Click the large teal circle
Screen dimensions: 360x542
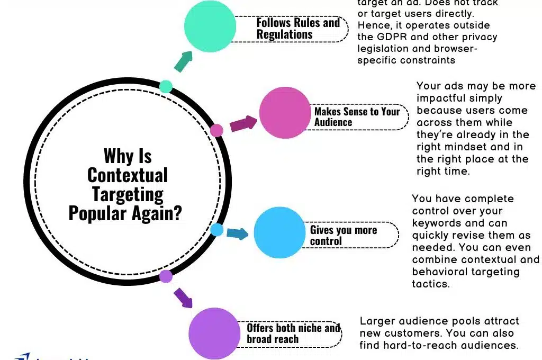pos(210,26)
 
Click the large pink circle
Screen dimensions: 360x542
pos(284,112)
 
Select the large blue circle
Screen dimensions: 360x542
pos(279,233)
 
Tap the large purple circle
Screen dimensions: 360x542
pos(214,333)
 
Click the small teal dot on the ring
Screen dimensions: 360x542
pos(166,86)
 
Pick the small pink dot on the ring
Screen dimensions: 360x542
pos(216,130)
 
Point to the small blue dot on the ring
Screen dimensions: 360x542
pos(216,229)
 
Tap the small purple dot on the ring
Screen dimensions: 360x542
pos(166,276)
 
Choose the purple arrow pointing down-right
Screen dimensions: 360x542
pos(183,298)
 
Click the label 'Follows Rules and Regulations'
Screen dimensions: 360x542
pos(298,29)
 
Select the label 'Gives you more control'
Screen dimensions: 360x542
pos(343,236)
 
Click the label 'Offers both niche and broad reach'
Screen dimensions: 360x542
pos(293,334)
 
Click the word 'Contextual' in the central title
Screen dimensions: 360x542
pos(128,175)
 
